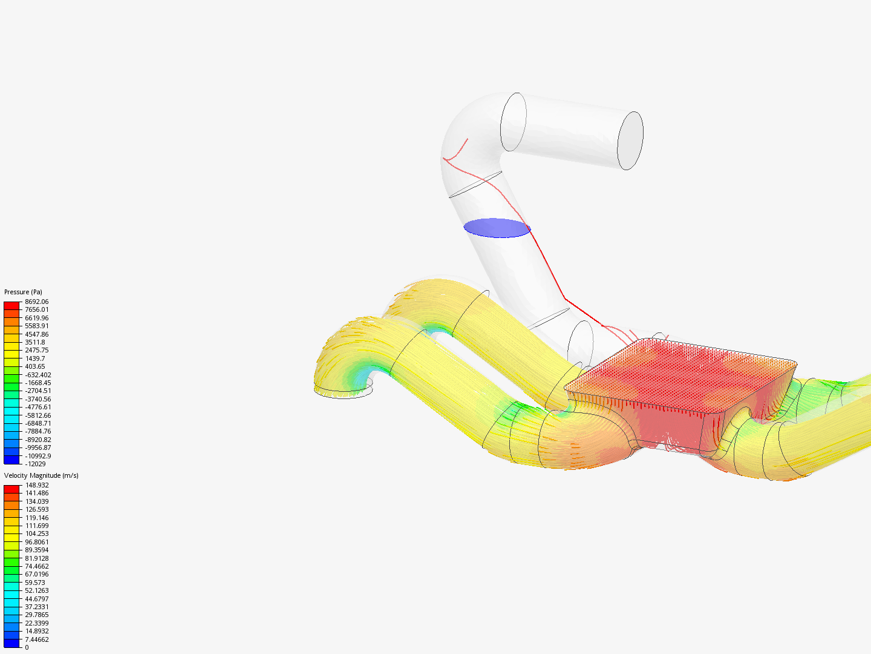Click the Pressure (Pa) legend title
coord(23,292)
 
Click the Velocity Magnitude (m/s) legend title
coord(41,475)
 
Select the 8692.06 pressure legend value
coord(36,302)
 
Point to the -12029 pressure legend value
coord(35,464)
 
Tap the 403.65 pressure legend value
coord(34,366)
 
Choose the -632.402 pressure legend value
coord(38,375)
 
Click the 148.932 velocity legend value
coord(37,485)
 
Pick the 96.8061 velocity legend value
coord(37,542)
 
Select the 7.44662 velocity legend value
coord(37,639)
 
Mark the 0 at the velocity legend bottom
coord(27,647)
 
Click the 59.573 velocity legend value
coord(35,583)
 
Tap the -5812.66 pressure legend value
coord(38,415)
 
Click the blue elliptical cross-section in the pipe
coord(497,228)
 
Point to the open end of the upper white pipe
coord(630,140)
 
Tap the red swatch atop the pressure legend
coord(11,305)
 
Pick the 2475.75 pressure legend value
coord(36,350)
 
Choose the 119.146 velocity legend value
coord(37,518)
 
